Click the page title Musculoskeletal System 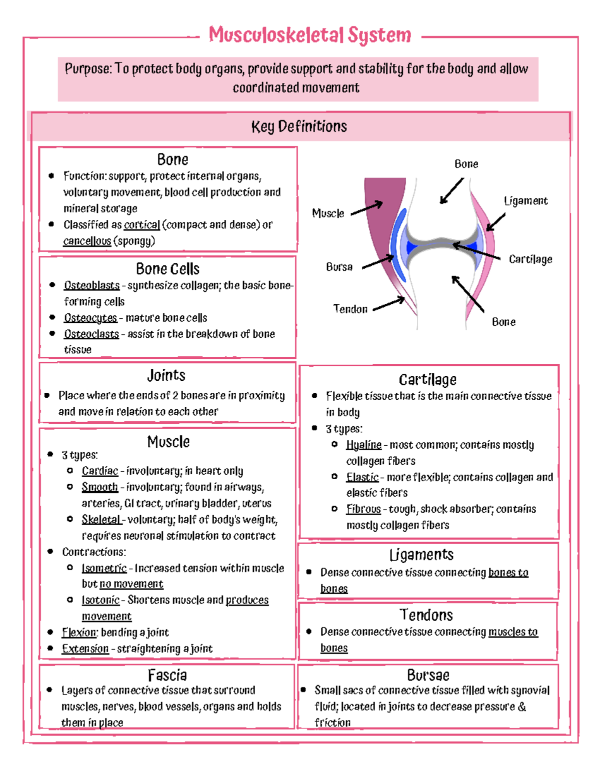pyautogui.click(x=310, y=35)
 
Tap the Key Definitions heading pyautogui.click(x=299, y=126)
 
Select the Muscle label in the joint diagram pyautogui.click(x=328, y=213)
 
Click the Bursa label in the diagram pyautogui.click(x=339, y=267)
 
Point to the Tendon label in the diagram pyautogui.click(x=350, y=309)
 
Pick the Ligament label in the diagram pyautogui.click(x=525, y=201)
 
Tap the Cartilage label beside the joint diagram pyautogui.click(x=530, y=259)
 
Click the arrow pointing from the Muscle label pyautogui.click(x=366, y=208)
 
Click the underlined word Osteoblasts pyautogui.click(x=91, y=285)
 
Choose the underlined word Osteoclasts pyautogui.click(x=91, y=334)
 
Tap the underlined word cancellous pyautogui.click(x=87, y=241)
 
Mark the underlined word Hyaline pyautogui.click(x=363, y=445)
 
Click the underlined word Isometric pyautogui.click(x=104, y=568)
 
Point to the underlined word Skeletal pyautogui.click(x=101, y=520)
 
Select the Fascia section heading pyautogui.click(x=167, y=676)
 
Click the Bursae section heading pyautogui.click(x=428, y=676)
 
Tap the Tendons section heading pyautogui.click(x=426, y=615)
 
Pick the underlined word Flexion pyautogui.click(x=79, y=633)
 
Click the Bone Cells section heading pyautogui.click(x=167, y=269)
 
